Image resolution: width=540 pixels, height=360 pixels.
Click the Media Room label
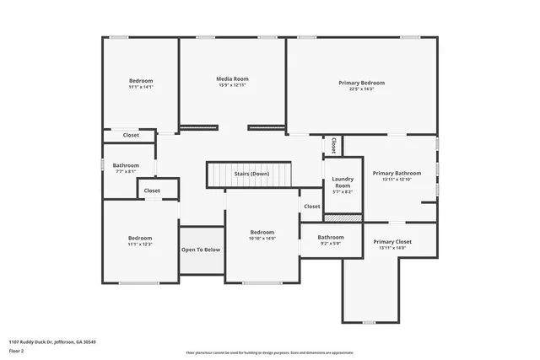[x=233, y=79]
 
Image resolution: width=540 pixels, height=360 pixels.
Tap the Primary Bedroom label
[x=361, y=83]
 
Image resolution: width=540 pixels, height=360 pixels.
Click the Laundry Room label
[x=343, y=182]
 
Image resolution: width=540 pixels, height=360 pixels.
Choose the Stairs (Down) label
[x=251, y=174]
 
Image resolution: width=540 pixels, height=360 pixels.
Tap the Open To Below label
[x=201, y=250]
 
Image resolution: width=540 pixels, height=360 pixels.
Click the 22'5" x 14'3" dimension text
[x=361, y=89]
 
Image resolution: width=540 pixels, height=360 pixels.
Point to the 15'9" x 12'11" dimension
[x=233, y=86]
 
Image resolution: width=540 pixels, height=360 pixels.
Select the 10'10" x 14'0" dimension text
[x=262, y=239]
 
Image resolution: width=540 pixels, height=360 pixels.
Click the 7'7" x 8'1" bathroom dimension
[x=126, y=171]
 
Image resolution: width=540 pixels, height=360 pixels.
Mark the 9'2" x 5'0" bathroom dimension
[x=331, y=244]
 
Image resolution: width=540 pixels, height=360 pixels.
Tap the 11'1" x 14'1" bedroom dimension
[x=140, y=87]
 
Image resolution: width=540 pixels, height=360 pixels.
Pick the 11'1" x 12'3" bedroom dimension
[x=140, y=244]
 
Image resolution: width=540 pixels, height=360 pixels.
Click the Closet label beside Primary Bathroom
[x=335, y=145]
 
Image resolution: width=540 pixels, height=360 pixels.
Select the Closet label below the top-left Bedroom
[x=131, y=135]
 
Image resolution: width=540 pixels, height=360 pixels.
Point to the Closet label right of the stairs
[x=312, y=206]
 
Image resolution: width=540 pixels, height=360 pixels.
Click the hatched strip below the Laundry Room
[x=343, y=218]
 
